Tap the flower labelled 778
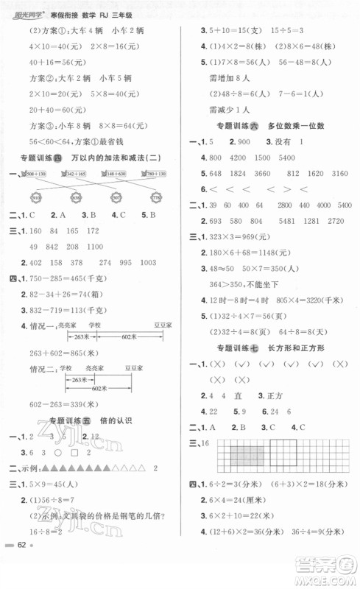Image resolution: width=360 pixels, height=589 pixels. click(x=156, y=198)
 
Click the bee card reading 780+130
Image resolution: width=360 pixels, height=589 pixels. click(x=151, y=173)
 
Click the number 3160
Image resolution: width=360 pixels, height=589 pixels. click(x=336, y=174)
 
